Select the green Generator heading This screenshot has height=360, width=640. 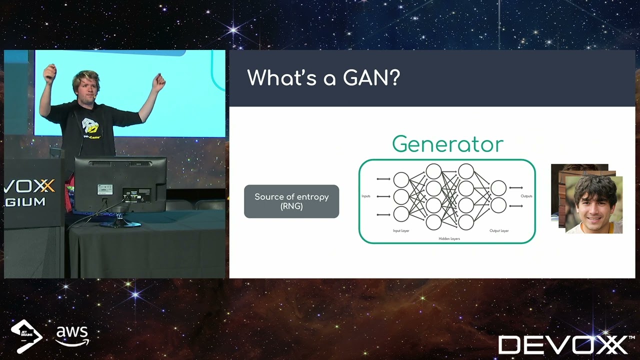point(447,144)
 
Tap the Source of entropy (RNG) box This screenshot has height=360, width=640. point(291,201)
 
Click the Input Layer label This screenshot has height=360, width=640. point(401,231)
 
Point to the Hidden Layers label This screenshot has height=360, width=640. point(449,239)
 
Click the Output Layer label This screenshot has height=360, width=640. point(498,231)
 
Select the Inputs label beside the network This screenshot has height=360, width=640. point(366,196)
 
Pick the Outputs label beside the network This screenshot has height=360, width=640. point(526,196)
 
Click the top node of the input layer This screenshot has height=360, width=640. point(401,179)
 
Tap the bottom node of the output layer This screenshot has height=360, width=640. point(498,205)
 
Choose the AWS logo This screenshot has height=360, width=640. point(72,335)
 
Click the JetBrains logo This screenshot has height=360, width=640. point(26,335)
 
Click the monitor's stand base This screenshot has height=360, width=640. point(119,223)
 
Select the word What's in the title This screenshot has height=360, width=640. point(282,78)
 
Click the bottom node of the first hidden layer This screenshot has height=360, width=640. point(433,222)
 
